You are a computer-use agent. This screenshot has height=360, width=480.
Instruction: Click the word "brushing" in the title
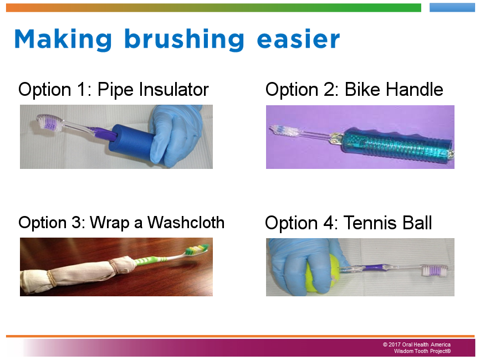coord(184,40)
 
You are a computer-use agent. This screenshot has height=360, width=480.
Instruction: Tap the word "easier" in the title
coord(298,39)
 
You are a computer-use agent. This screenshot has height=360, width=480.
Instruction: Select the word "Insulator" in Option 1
coord(173,89)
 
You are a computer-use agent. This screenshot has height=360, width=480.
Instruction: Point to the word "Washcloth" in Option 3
coord(186,222)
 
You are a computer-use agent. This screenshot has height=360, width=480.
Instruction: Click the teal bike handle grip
coord(396,145)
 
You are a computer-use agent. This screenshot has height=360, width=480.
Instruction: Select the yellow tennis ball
coord(321,273)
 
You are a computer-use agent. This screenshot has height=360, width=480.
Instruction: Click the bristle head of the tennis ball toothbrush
coord(434,270)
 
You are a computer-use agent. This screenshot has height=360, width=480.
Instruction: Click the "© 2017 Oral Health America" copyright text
coord(416,344)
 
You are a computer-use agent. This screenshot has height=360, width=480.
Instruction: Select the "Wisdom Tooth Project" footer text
coord(422,351)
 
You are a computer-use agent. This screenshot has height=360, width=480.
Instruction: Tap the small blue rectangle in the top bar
coord(452,8)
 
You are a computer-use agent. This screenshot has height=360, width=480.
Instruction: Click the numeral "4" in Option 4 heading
coord(329,223)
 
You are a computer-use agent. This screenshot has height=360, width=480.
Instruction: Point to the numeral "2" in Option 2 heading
coord(329,90)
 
